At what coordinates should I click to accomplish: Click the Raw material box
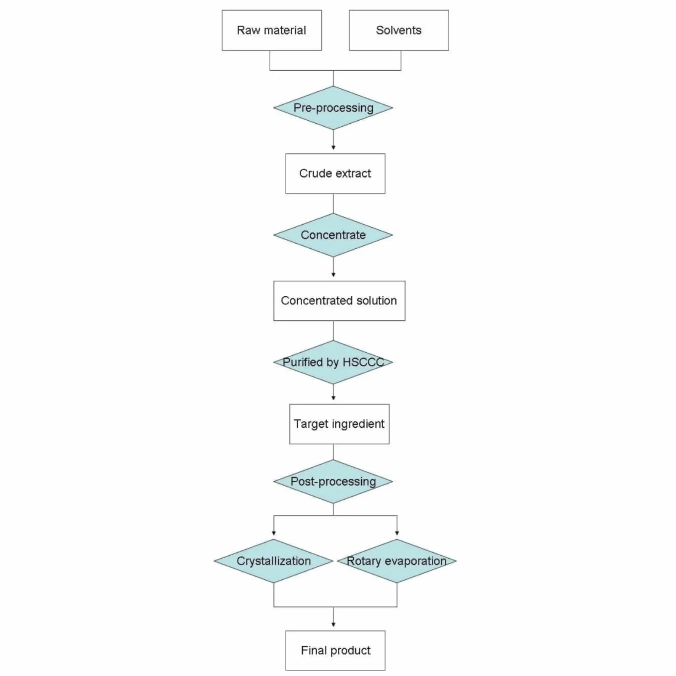point(272,30)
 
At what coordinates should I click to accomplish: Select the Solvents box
point(399,30)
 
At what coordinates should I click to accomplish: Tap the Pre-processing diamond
point(333,108)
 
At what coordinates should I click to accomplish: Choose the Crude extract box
point(335,174)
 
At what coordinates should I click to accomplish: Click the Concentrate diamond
point(333,235)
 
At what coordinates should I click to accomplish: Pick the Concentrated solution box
point(339,301)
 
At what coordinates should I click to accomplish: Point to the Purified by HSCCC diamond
point(333,362)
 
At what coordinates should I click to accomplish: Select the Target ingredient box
point(339,424)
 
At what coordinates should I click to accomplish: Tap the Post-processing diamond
point(333,482)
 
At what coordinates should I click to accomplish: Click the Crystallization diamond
point(274,561)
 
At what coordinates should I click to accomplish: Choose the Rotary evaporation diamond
point(397,561)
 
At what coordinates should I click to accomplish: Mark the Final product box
point(335,651)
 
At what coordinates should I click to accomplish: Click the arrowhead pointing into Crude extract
point(333,147)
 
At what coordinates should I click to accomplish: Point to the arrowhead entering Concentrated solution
point(333,275)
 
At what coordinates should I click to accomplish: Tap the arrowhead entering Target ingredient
point(333,398)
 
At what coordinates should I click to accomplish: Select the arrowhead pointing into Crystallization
point(274,533)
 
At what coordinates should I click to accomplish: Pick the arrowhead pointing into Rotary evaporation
point(397,533)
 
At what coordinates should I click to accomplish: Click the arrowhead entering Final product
point(333,625)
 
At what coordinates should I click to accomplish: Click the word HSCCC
point(363,362)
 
